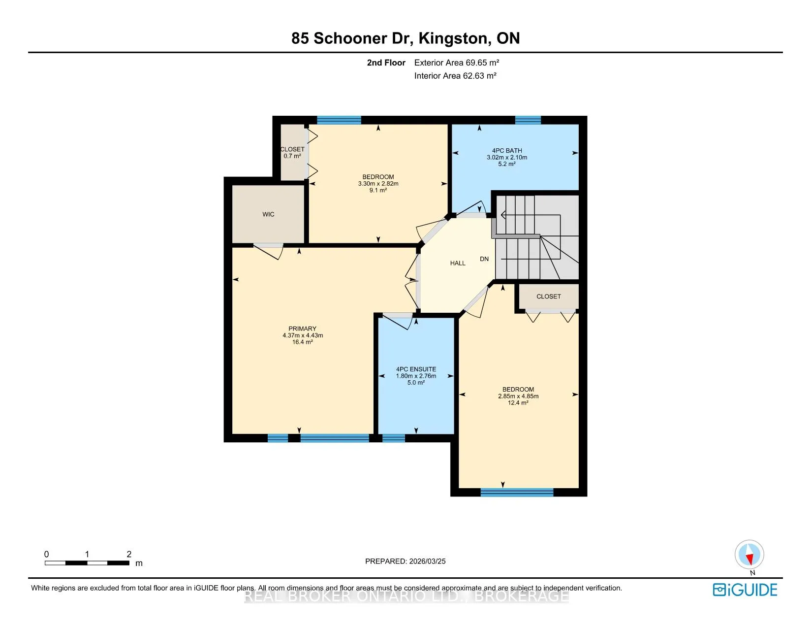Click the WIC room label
tap(268, 214)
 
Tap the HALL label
tap(458, 264)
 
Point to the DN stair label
tap(484, 259)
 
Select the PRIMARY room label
tap(302, 329)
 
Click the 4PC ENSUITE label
tap(416, 369)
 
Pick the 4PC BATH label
tap(507, 151)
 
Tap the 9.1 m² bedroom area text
tap(378, 191)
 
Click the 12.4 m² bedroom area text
tap(518, 403)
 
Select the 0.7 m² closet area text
tap(292, 156)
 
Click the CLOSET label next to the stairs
tap(549, 297)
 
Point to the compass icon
tap(749, 555)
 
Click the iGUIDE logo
tap(745, 590)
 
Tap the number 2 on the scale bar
tap(129, 554)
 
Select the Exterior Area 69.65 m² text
tap(457, 63)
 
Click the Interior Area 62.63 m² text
tap(455, 76)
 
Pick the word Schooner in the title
tap(350, 38)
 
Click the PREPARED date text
tap(406, 561)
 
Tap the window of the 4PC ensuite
tap(394, 438)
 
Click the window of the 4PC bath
tap(528, 120)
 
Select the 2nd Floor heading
tap(386, 63)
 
